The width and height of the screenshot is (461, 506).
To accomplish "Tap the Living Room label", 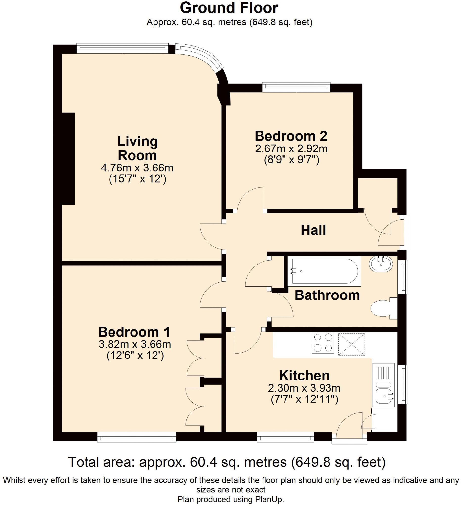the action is coord(137,148).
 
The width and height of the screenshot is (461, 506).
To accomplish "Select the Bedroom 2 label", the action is coord(291,136).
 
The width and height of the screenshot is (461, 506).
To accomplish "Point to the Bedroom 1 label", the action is coord(134,332).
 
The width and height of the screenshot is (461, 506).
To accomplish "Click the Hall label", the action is coord(313,230).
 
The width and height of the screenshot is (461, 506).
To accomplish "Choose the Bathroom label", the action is coord(327,295).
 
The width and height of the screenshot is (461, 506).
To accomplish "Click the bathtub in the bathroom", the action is coord(324,271).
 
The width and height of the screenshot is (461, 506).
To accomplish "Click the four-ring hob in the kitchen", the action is coord(323,343).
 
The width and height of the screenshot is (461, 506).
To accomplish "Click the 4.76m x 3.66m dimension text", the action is coord(137,168).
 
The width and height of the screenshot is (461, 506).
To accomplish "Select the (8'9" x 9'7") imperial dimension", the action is coord(291,160).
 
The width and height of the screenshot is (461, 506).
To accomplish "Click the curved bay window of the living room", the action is coord(200,57).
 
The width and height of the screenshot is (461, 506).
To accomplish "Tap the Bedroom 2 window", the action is coord(296,86).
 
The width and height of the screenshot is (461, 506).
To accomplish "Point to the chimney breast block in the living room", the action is coord(68,159).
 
